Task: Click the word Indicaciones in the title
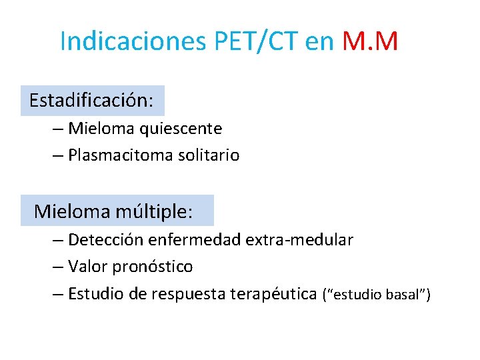coord(133,41)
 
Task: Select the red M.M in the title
coord(370,41)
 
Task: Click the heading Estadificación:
coord(92,101)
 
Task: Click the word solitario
coord(209,155)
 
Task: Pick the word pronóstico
coord(153,267)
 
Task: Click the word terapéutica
coord(273,294)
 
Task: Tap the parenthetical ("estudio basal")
coord(377,294)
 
